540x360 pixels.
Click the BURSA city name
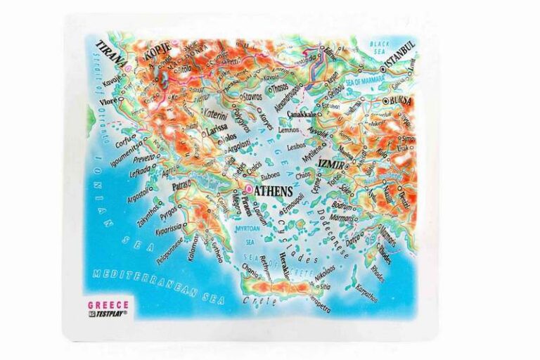pyautogui.click(x=401, y=101)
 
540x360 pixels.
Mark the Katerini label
pyautogui.click(x=216, y=115)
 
